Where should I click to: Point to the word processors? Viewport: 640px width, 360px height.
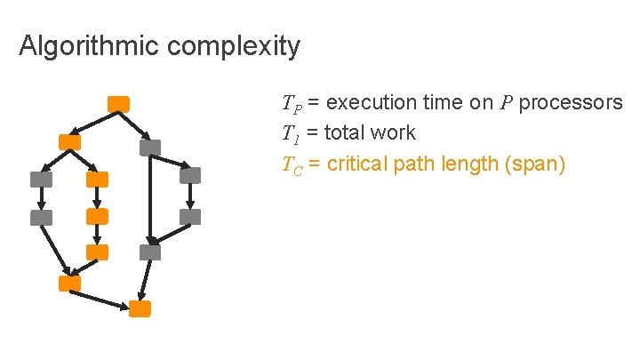pyautogui.click(x=571, y=103)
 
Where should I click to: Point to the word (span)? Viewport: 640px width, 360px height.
pyautogui.click(x=536, y=164)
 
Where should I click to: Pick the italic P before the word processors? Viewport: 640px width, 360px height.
pyautogui.click(x=506, y=103)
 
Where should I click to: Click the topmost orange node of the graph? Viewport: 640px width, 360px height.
pyautogui.click(x=118, y=103)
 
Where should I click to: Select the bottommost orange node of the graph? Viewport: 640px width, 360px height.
pyautogui.click(x=140, y=308)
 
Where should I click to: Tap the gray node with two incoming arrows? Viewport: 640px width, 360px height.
pyautogui.click(x=150, y=252)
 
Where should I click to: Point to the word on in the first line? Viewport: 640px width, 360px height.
pyautogui.click(x=481, y=103)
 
